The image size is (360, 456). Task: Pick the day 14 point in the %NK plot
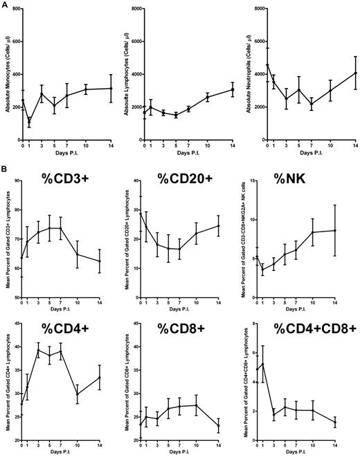[x=354, y=230]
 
